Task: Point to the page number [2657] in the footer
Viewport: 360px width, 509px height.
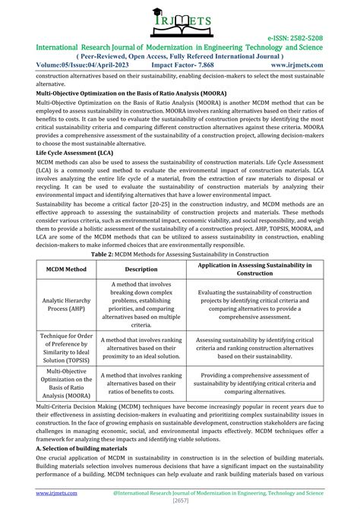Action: (179, 502)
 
